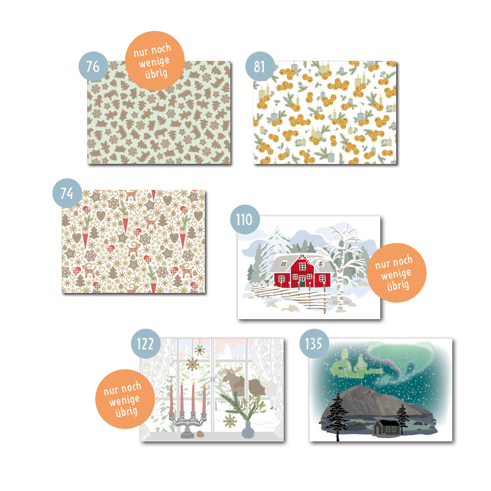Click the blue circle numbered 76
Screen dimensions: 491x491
click(93, 66)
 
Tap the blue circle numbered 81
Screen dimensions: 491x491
click(260, 66)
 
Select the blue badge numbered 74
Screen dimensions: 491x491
click(67, 193)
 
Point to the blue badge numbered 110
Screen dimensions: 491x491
click(245, 219)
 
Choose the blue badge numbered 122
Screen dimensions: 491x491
click(146, 343)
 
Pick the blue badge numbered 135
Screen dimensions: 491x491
click(314, 343)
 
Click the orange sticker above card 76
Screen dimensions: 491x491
click(155, 61)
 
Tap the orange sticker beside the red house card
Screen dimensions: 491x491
click(397, 273)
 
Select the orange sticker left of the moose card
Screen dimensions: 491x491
click(125, 399)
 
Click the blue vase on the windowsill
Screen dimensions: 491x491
click(248, 430)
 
